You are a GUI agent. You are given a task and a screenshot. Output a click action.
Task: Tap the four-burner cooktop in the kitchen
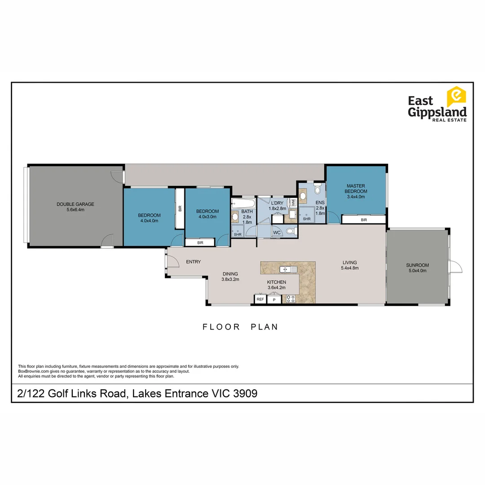click(x=290, y=299)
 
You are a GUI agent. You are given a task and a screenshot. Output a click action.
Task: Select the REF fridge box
click(x=260, y=299)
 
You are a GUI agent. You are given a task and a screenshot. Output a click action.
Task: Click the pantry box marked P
click(x=274, y=300)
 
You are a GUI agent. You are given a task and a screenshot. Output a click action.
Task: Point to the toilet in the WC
click(x=291, y=232)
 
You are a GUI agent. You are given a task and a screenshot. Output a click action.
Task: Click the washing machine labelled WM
click(x=293, y=203)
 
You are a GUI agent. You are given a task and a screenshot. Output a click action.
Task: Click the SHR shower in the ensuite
click(x=307, y=215)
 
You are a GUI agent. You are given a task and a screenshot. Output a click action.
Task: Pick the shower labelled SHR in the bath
click(x=237, y=231)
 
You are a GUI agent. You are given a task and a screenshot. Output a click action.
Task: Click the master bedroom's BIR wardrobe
click(x=363, y=220)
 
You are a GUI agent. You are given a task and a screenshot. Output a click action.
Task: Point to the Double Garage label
click(x=75, y=204)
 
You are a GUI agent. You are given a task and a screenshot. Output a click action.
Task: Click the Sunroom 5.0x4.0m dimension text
click(x=418, y=271)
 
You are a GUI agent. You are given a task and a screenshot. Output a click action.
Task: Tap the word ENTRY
click(x=193, y=262)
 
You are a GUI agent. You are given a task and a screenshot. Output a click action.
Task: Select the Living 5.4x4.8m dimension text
click(x=349, y=268)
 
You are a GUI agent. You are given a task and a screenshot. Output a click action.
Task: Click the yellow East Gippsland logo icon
click(x=456, y=97)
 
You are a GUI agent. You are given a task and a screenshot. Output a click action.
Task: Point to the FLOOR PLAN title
click(x=240, y=327)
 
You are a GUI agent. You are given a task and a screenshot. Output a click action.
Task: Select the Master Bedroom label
click(x=356, y=189)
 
